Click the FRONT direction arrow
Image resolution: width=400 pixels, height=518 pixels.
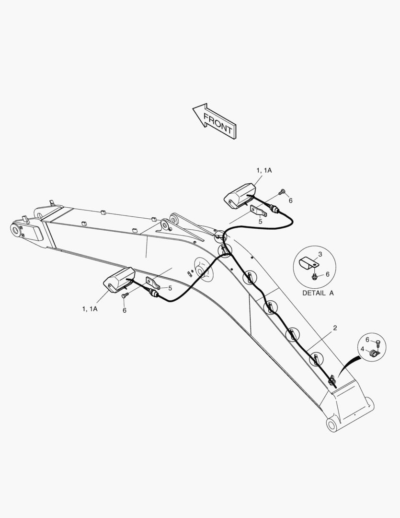(215, 121)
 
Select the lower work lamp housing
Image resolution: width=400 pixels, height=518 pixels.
(119, 280)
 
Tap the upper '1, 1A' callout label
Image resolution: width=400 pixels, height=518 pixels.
(264, 170)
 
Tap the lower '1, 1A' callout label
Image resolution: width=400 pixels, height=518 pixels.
(90, 309)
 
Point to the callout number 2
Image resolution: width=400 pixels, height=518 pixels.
(335, 328)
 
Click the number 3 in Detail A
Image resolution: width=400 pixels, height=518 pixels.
(320, 254)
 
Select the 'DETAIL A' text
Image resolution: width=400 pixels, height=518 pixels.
(318, 293)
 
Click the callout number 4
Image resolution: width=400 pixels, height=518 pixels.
(362, 349)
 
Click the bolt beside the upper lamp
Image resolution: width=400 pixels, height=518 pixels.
(282, 191)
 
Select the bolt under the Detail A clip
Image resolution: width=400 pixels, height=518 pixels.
(314, 275)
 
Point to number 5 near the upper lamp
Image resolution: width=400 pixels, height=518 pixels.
(261, 222)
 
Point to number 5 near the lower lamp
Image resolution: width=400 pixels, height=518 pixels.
(170, 288)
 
